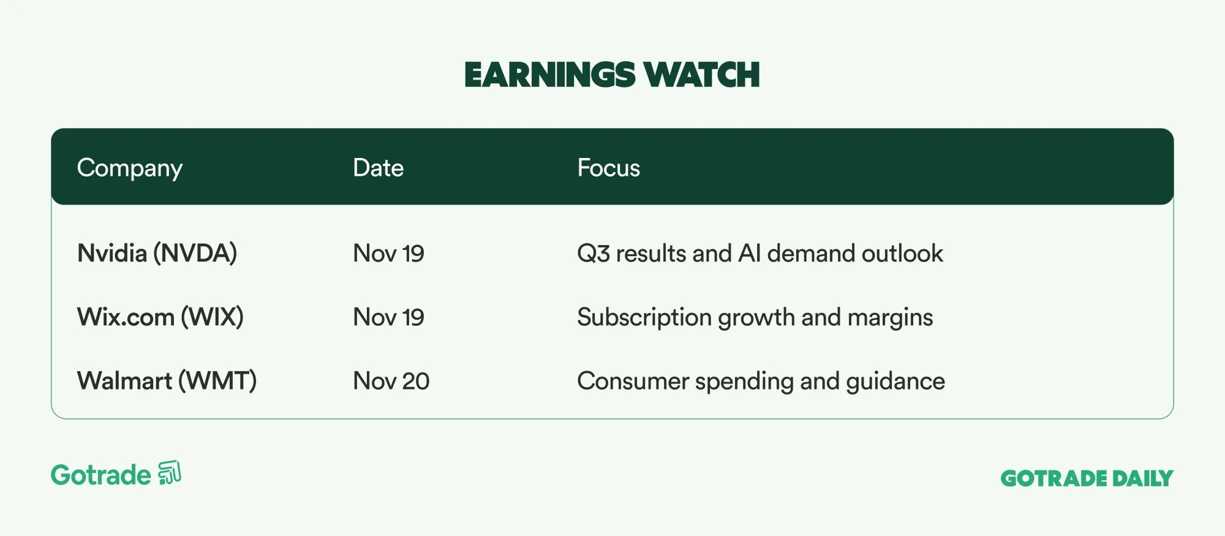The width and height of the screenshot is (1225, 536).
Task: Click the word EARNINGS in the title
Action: [549, 75]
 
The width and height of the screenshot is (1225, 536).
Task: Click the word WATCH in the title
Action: [702, 75]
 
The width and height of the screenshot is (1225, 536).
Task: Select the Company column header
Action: [130, 168]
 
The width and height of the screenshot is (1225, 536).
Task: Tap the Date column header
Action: [379, 168]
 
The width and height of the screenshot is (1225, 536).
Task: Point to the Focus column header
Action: [609, 168]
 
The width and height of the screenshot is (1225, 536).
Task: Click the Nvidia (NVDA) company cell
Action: [157, 254]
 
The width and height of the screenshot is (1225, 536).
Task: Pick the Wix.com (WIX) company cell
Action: [160, 317]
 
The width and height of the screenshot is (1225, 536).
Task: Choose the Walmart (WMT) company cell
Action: [167, 381]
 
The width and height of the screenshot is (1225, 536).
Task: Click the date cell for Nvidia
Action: [389, 254]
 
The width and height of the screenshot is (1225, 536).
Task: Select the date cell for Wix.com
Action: [389, 317]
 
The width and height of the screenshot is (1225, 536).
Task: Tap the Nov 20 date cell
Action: [391, 381]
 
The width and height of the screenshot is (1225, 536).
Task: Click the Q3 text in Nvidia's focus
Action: [594, 254]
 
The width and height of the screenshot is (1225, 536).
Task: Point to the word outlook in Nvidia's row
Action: [902, 254]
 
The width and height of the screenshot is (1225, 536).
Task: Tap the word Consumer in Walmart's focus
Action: [633, 381]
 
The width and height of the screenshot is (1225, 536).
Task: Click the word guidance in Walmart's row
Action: [895, 381]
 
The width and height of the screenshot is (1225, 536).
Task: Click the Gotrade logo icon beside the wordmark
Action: [170, 473]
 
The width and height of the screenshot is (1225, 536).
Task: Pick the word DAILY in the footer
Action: [1143, 478]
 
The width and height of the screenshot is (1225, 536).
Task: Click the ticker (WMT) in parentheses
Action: [217, 381]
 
